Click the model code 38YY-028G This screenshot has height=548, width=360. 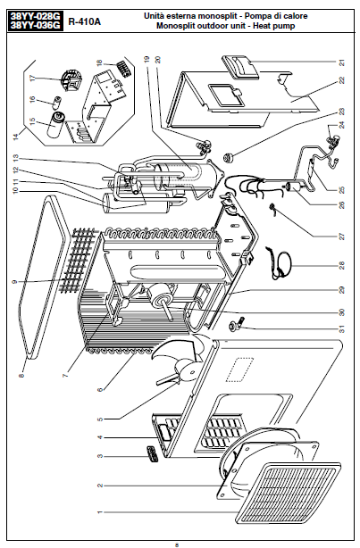pos(35,16)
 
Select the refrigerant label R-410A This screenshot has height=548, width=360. pos(84,21)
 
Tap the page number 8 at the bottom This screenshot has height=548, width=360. pos(177,544)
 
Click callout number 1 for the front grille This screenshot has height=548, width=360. pos(100,512)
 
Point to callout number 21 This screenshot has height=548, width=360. pos(342,62)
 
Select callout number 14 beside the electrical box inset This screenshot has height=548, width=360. pos(15,137)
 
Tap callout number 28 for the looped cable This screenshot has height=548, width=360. pos(342,266)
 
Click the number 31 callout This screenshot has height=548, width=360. pos(342,328)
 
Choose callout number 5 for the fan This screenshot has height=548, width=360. pos(100,419)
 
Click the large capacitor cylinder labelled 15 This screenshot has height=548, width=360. pos(54,125)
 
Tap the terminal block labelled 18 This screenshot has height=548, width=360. pos(123,67)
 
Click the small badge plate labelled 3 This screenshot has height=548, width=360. pos(152,453)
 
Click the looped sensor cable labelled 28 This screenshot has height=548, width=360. pos(280,262)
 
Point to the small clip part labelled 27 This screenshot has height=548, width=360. pos(272,208)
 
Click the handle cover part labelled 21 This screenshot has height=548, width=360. pos(240,66)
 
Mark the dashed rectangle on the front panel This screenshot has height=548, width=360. pos(239,370)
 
